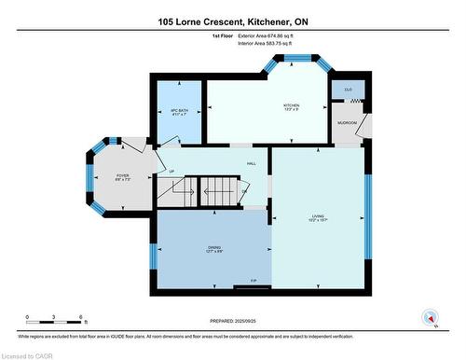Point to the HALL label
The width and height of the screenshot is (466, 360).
[x=251, y=163]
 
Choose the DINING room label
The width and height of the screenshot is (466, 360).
[x=214, y=247]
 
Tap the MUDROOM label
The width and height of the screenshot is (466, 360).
[x=348, y=122]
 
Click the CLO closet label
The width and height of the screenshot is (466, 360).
[x=348, y=90]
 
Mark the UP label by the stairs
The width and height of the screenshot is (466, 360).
[x=171, y=171]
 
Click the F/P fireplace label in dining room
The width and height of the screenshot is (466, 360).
[x=253, y=281]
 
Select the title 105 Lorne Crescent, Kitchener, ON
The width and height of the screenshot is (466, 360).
[x=232, y=20]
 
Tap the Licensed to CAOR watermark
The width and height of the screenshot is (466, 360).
[x=29, y=353]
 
